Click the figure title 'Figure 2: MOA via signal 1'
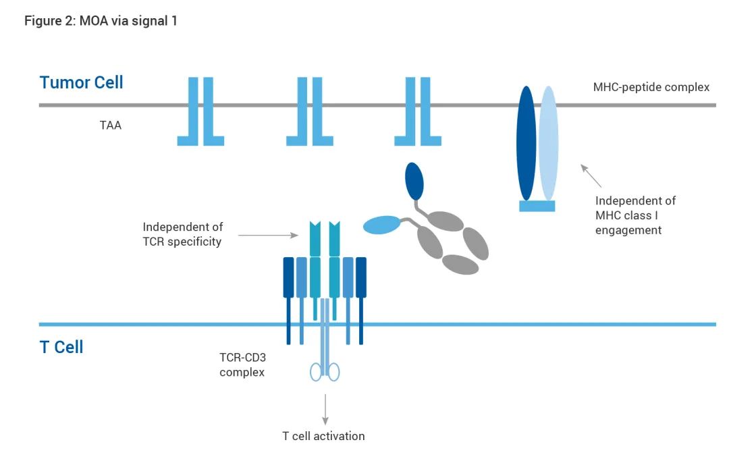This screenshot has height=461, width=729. pos(101,21)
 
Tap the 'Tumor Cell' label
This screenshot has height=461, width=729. pos(82,83)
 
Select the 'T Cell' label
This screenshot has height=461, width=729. pos(61,348)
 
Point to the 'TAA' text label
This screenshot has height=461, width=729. pos(111,125)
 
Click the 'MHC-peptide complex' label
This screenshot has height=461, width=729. pos(651,87)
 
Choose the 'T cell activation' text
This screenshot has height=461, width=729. pos(323,436)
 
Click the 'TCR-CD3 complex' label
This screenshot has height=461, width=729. pos(242,365)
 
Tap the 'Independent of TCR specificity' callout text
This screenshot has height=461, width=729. pos(182,234)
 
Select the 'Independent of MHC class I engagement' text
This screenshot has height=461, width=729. pos(635,215)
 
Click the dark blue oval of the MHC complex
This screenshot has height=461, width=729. pos(526,143)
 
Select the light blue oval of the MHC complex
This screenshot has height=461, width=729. pos(549,143)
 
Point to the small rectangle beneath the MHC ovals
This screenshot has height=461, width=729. pos(537,206)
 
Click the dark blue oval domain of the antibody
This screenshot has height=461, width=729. pos(414,178)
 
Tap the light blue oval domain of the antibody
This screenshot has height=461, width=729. pos(381,226)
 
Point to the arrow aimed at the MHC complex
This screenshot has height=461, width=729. pos(591,175)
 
